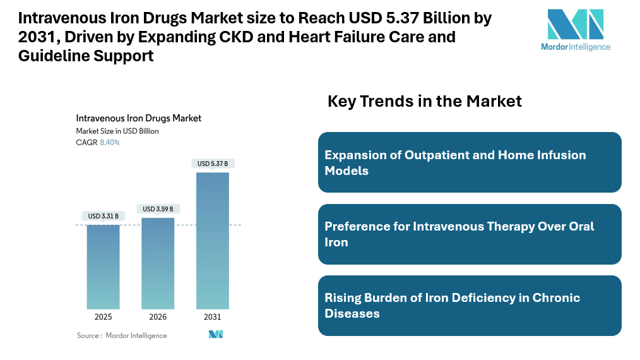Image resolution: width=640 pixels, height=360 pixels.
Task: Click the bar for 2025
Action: click(x=103, y=266)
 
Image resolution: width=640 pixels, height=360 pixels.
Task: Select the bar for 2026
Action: click(x=158, y=263)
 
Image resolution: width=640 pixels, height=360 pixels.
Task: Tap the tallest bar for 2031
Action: click(x=213, y=240)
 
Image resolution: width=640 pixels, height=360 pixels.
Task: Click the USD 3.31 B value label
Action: click(x=103, y=216)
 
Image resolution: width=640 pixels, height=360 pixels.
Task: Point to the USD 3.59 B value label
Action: click(x=158, y=209)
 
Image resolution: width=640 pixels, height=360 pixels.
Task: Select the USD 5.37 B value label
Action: click(x=213, y=164)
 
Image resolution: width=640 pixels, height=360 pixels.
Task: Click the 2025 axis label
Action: click(x=103, y=316)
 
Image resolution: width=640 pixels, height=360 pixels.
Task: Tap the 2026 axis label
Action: click(x=158, y=316)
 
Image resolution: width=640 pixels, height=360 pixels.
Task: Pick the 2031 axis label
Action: click(x=213, y=316)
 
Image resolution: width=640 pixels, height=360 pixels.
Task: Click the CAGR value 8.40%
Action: click(x=110, y=143)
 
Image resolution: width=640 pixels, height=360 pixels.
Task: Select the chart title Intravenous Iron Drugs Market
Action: click(x=138, y=118)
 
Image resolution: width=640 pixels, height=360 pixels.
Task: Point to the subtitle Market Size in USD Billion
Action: click(x=117, y=131)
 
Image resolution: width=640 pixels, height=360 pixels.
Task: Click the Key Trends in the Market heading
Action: click(x=424, y=101)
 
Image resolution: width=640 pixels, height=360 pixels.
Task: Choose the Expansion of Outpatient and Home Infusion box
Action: click(x=470, y=162)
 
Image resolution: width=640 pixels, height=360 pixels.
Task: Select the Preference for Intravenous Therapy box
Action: click(x=470, y=234)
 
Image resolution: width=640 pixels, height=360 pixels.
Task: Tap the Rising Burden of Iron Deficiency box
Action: click(x=470, y=305)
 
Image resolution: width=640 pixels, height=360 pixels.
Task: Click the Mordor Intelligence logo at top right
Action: click(x=576, y=29)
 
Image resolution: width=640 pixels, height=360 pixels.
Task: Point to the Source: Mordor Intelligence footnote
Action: click(x=122, y=335)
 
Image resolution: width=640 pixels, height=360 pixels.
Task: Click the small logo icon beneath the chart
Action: click(x=216, y=334)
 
